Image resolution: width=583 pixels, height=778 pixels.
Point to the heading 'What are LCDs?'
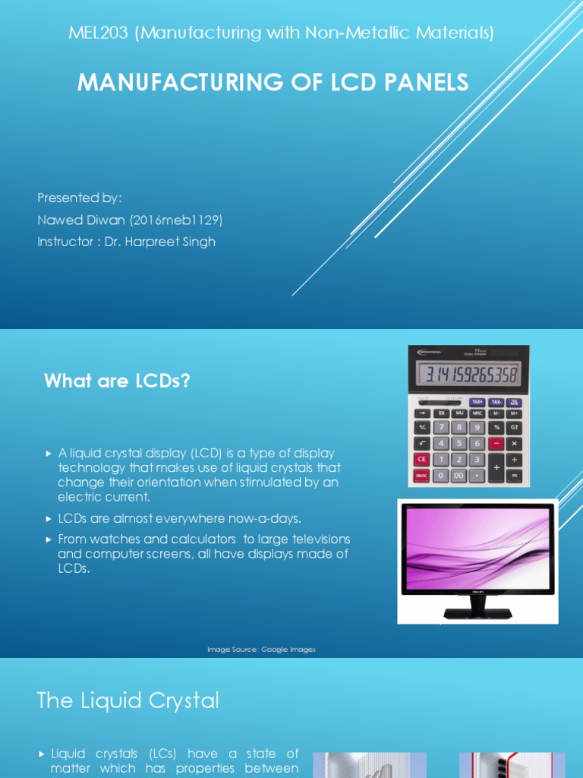117,381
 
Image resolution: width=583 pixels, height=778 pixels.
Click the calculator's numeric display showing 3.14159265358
468,375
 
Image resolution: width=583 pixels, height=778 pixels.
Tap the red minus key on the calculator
496,443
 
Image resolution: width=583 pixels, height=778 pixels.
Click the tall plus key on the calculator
496,467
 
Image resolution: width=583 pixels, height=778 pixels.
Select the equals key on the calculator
515,476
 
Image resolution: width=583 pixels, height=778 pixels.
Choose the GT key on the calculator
515,428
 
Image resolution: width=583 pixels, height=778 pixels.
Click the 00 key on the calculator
459,476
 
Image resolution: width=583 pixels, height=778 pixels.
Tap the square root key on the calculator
421,443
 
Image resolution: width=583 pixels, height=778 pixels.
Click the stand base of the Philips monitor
477,612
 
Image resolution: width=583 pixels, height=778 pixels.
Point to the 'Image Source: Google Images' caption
262,650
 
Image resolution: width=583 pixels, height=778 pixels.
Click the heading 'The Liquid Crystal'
128,700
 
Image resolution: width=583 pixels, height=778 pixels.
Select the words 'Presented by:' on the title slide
80,198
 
